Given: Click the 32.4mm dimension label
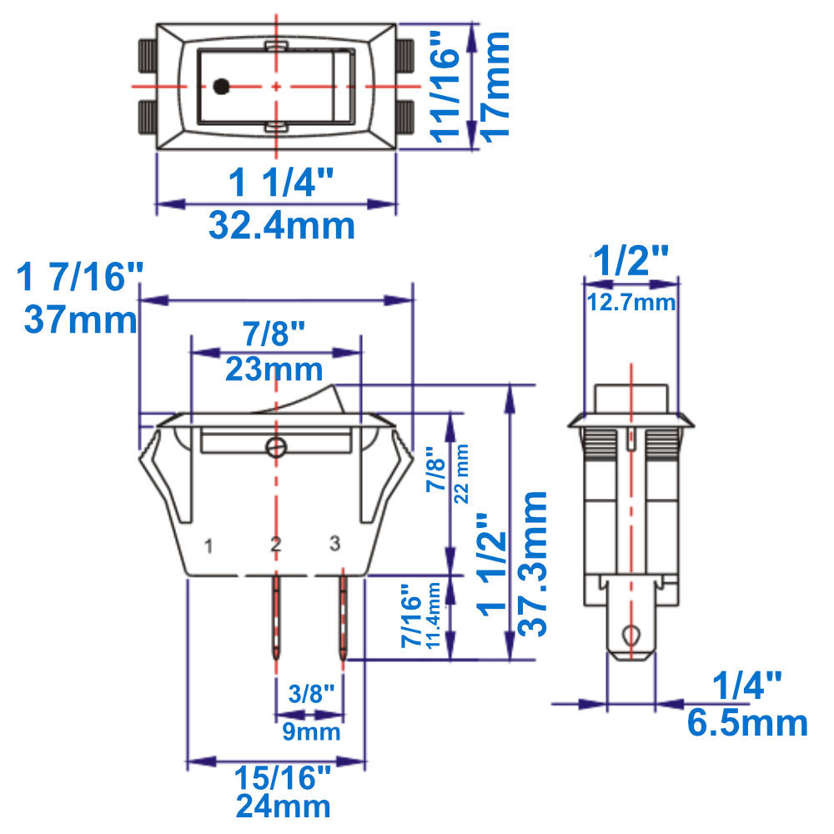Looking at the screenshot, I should pos(281,225).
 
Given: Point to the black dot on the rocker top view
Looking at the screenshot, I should pos(221,86).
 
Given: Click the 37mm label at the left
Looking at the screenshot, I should pos(80,319).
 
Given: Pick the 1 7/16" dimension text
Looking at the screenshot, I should pos(80,276).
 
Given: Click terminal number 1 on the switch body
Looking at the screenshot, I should pos(209,547).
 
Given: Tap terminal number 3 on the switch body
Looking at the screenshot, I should pos(334,545).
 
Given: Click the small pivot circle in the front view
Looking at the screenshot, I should pos(276,448).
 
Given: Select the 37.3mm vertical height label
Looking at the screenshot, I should pos(534,563).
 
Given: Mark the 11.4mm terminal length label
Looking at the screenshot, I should pos(434,617).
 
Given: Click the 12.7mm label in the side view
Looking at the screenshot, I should pos(631,303).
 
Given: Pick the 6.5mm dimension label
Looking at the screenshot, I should pos(747,722).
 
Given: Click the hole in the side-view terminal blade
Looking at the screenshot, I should pos(632,637).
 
